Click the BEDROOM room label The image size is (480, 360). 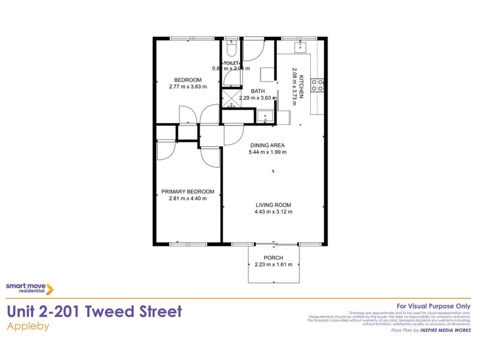point(188,80)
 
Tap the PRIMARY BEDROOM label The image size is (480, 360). point(187,192)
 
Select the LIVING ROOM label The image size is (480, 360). point(273,205)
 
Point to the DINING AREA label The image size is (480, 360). point(268,145)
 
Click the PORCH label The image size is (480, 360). point(273,258)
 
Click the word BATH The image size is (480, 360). point(250,91)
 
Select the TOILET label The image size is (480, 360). point(232,63)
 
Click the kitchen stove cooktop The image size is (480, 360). point(319,85)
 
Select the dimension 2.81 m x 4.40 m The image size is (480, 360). point(187,199)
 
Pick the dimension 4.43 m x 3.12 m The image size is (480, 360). point(273,211)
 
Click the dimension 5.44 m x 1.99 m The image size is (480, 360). point(268,152)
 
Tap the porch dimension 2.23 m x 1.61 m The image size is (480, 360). point(273,265)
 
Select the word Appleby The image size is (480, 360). point(28,327)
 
